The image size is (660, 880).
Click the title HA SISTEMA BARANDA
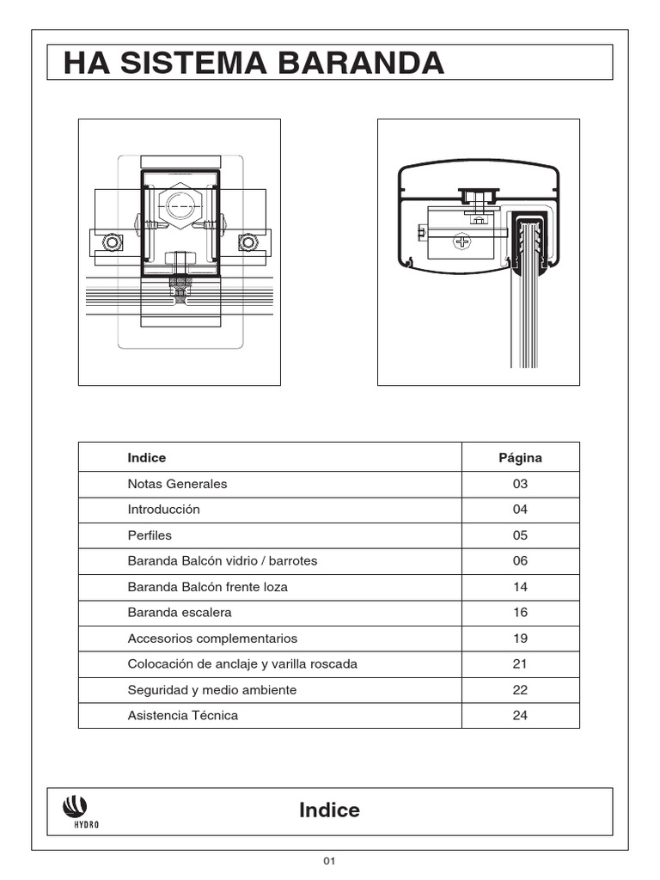point(254,63)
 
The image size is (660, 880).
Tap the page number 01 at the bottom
point(329,861)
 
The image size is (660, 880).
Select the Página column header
point(520,458)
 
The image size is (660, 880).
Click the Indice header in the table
point(147,458)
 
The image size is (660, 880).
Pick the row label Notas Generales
point(177,484)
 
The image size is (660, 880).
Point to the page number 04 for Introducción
point(520,510)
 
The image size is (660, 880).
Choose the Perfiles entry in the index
point(150,535)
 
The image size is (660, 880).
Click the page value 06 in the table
point(520,561)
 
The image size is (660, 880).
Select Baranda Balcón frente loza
point(207,587)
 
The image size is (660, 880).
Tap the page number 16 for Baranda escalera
point(520,613)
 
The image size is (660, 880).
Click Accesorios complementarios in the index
point(212,639)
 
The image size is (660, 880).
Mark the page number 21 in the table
point(520,664)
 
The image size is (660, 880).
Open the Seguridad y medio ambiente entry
point(212,690)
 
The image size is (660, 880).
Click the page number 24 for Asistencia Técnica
point(520,715)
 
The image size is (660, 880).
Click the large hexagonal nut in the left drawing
point(180,205)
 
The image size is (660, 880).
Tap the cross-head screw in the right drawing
point(463,242)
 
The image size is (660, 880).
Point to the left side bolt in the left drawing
point(112,242)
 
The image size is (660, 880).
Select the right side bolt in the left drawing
point(248,242)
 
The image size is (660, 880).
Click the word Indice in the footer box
point(329,810)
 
